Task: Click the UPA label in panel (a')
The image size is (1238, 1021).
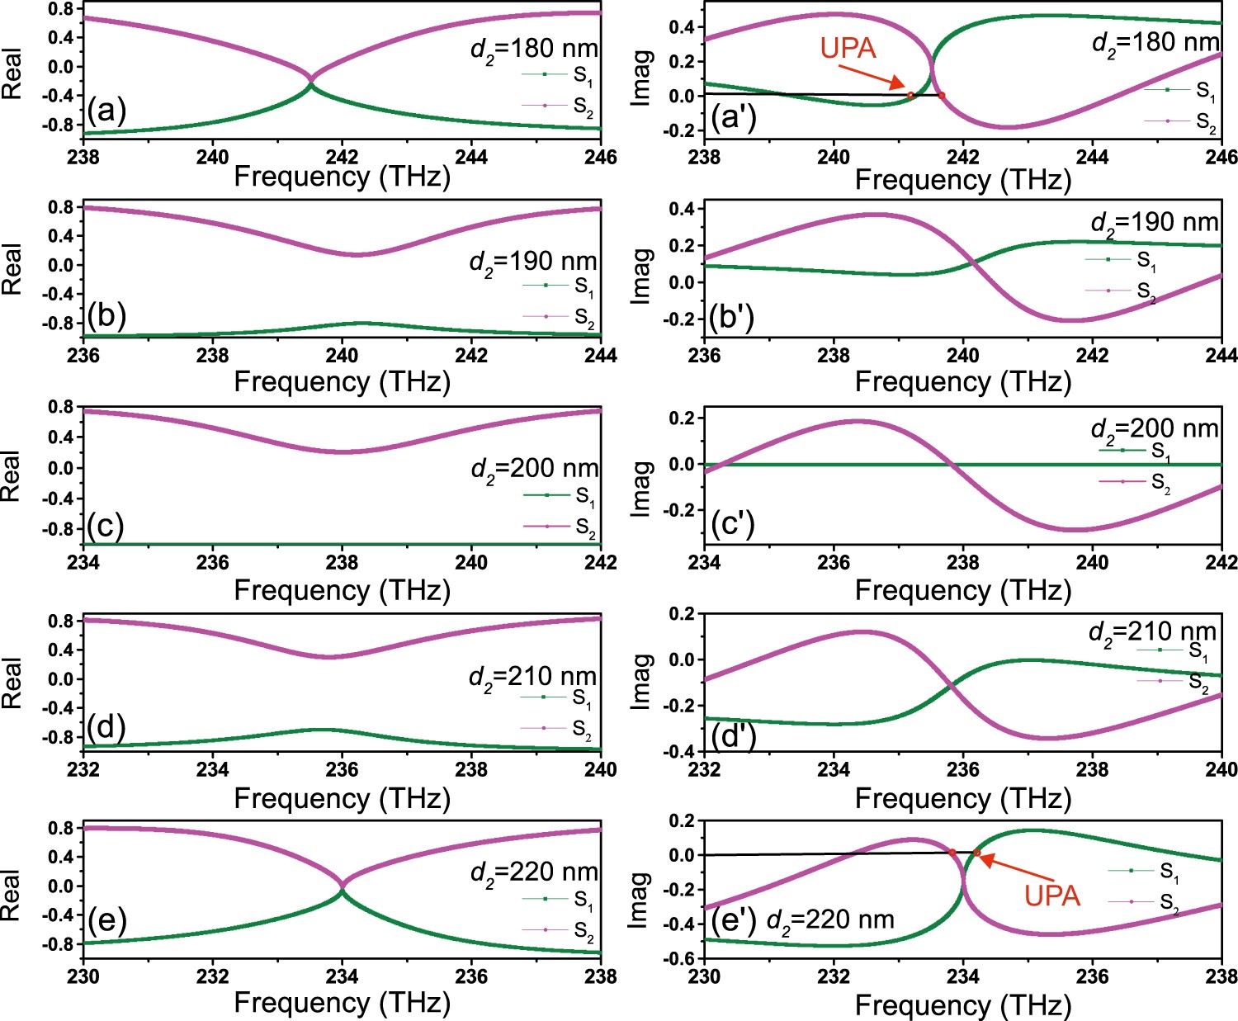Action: click(848, 48)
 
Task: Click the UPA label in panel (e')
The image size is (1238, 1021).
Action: click(1052, 896)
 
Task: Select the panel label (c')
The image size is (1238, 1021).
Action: click(731, 523)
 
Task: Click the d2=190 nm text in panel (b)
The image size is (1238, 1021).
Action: click(532, 262)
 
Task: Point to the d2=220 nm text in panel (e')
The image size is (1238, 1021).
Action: click(829, 919)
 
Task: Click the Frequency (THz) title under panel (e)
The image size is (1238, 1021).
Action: click(342, 1002)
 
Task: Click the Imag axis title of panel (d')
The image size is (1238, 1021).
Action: click(642, 682)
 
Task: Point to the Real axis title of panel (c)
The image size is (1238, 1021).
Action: click(11, 476)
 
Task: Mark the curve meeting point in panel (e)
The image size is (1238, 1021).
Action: click(343, 886)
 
